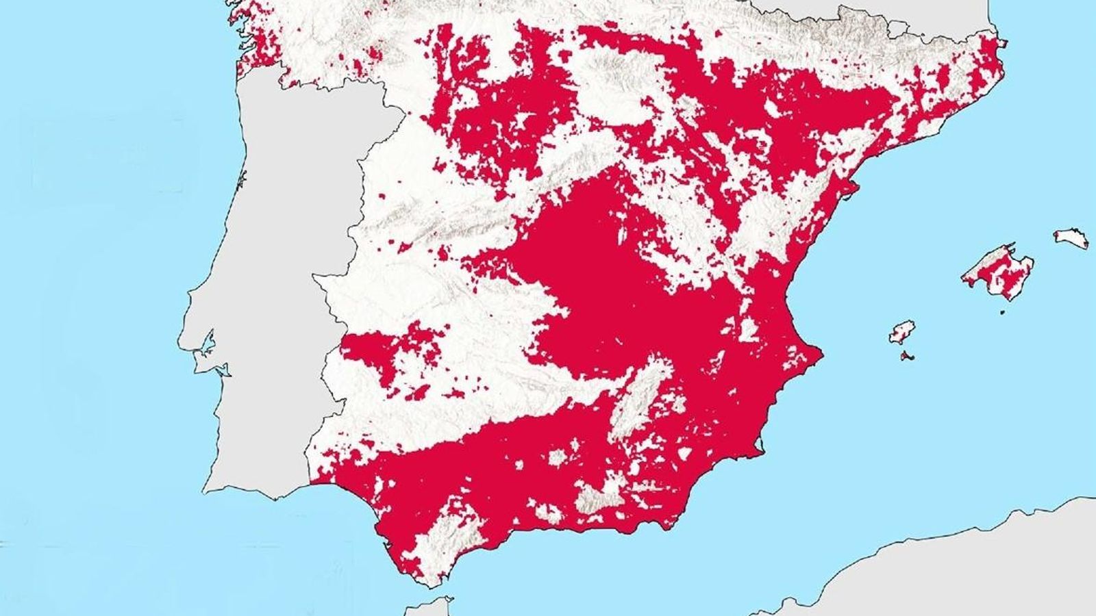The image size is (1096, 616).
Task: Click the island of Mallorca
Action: [998, 271]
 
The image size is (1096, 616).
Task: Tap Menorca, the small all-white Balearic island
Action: [1071, 238]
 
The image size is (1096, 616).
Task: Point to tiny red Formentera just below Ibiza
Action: [908, 356]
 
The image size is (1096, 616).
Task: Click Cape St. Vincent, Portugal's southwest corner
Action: [206, 490]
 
